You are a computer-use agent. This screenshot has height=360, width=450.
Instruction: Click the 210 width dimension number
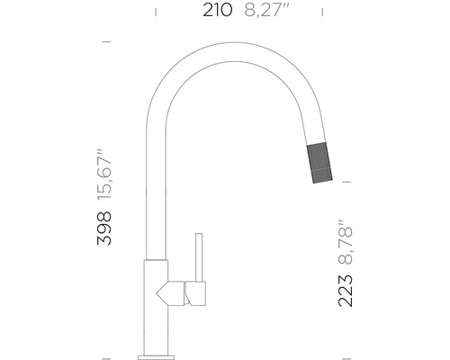coord(218,11)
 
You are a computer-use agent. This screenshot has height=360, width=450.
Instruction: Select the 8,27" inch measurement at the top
coord(272,11)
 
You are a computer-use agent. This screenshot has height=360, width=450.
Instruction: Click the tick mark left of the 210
coord(157,11)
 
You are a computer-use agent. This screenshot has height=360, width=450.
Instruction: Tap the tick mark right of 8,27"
coord(324,11)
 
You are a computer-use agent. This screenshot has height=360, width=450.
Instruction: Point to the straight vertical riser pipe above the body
coord(155,180)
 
